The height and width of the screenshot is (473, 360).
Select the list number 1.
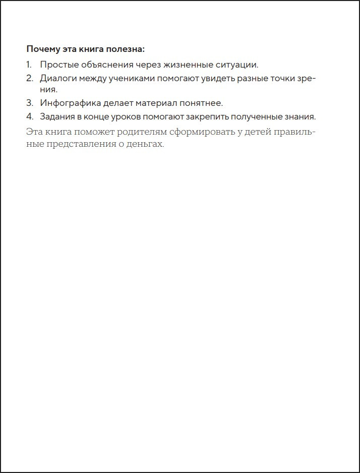point(29,65)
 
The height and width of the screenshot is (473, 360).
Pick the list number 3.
point(29,103)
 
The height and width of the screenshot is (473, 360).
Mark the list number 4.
point(29,116)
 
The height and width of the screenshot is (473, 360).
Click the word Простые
point(57,65)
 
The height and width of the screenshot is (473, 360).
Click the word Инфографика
point(67,103)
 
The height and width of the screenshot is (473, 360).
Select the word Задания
point(57,116)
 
